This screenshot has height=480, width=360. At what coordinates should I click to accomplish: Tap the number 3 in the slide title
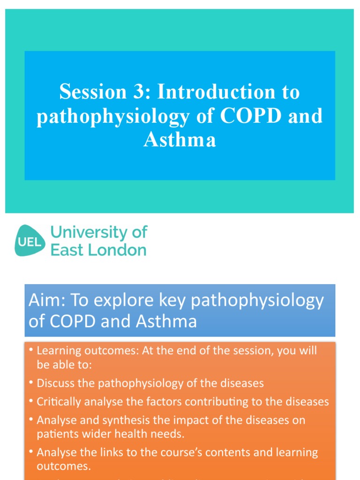(139, 92)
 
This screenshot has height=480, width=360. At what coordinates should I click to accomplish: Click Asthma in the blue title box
(180, 140)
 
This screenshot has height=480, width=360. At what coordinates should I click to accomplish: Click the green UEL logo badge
(30, 241)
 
